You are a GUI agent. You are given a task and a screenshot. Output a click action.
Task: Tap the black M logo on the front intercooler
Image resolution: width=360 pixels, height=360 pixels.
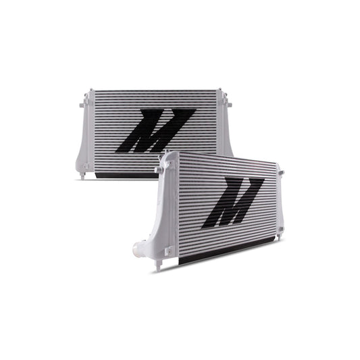click(232, 201)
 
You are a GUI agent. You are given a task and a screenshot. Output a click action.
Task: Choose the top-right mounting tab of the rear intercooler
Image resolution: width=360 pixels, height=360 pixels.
click(228, 103)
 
